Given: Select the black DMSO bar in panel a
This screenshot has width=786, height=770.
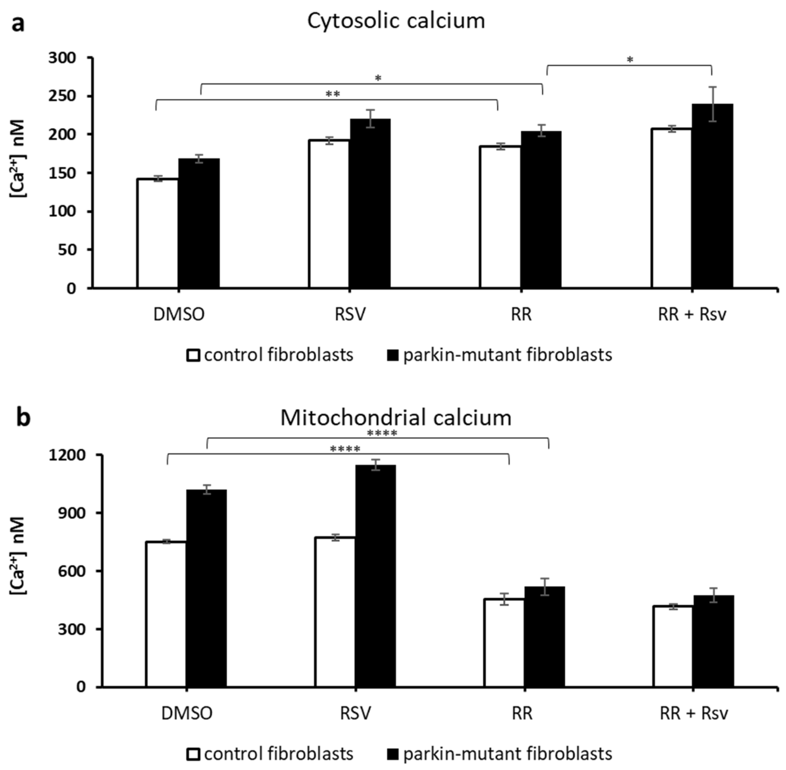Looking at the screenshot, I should [199, 223].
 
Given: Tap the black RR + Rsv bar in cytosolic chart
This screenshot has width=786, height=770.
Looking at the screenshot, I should [712, 196].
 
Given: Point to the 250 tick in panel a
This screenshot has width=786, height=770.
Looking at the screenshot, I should [68, 96].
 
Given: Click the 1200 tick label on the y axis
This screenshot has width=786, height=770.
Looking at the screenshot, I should [67, 455].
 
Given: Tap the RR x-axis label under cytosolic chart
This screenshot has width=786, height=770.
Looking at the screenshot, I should [521, 315].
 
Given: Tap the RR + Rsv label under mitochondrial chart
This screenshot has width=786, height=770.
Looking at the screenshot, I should [694, 713].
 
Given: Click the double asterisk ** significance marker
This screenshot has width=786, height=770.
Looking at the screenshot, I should [333, 94].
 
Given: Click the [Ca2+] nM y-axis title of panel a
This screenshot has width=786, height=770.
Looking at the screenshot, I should [18, 158].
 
